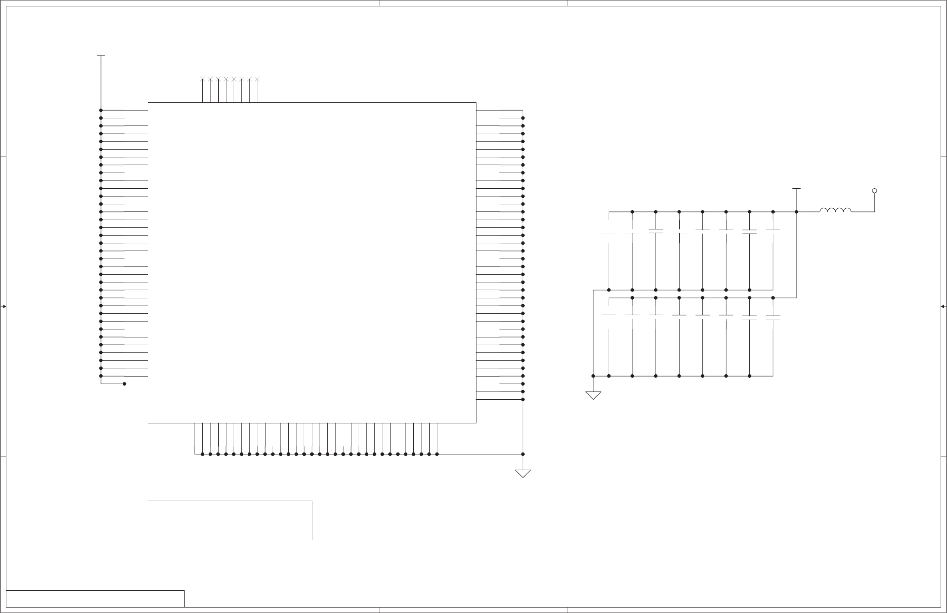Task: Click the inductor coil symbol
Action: point(835,210)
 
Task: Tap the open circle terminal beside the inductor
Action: point(874,191)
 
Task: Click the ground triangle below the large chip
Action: point(523,473)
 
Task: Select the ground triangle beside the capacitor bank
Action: point(593,395)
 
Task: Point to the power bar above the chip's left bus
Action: point(101,56)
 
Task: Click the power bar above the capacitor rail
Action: point(796,188)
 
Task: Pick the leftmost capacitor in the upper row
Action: point(609,231)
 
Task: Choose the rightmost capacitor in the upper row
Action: point(773,231)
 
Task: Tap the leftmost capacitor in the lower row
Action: point(609,317)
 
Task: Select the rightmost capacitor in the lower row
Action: point(773,317)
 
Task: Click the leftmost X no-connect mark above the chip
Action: point(203,80)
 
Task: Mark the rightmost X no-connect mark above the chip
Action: point(257,80)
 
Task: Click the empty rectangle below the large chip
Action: point(230,520)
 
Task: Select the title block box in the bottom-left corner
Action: point(95,598)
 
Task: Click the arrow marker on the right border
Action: point(943,306)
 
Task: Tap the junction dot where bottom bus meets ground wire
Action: point(523,454)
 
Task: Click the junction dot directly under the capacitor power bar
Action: point(796,211)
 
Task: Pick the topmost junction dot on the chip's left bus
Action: point(101,110)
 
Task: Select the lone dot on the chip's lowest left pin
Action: point(124,384)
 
